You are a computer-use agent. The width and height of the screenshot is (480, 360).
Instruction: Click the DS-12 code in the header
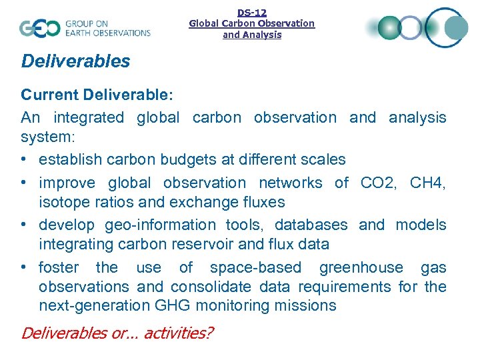252,12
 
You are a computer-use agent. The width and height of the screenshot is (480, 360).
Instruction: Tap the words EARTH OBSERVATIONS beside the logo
107,32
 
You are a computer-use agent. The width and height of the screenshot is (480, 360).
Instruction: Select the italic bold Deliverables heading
75,61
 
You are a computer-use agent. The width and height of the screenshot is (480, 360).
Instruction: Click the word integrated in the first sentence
89,118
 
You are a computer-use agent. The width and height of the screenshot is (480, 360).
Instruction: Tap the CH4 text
425,183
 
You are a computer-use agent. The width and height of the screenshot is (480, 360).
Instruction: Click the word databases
311,225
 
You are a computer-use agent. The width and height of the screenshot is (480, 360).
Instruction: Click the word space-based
255,268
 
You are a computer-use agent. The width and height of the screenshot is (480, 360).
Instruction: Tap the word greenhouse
361,268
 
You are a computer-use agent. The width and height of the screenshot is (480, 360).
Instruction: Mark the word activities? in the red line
171,333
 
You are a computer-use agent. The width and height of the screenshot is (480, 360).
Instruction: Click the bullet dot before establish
25,160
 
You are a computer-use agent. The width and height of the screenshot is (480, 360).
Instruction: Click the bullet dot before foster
25,268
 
